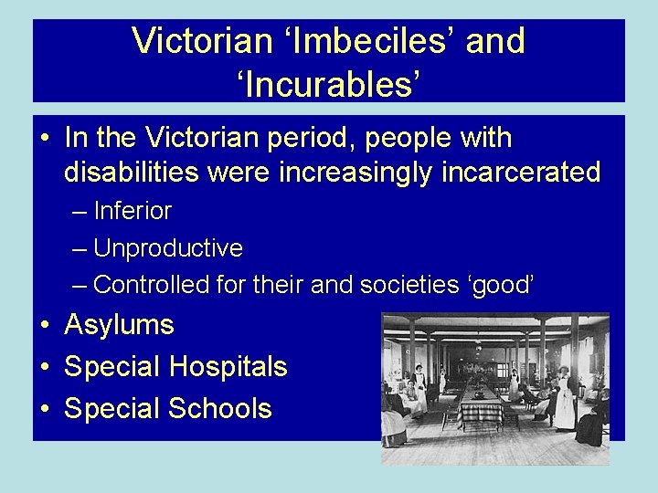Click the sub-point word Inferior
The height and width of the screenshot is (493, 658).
pyautogui.click(x=133, y=211)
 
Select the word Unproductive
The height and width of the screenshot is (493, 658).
pyautogui.click(x=167, y=247)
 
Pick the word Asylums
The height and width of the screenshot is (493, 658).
pyautogui.click(x=120, y=325)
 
